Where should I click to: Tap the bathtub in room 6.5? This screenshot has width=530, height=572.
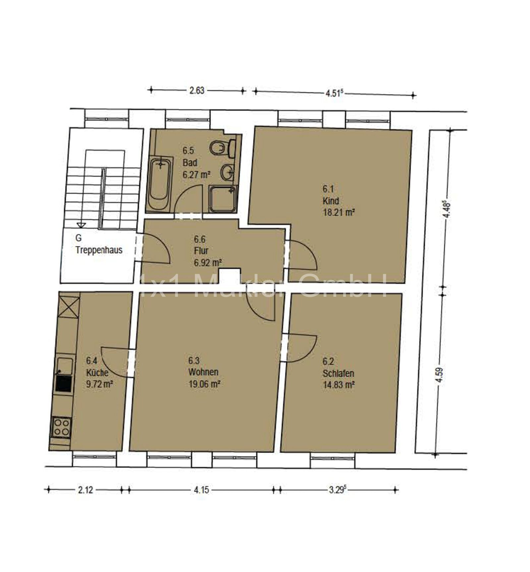point(160,184)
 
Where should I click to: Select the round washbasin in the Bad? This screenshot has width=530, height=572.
point(228,172)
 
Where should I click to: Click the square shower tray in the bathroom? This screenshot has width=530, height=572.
point(223,199)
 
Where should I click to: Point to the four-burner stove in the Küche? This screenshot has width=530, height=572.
point(61,427)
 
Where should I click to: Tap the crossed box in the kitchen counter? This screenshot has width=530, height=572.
point(69,307)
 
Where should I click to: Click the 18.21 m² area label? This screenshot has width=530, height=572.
point(339,213)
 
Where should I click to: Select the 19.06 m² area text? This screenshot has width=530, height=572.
point(204,384)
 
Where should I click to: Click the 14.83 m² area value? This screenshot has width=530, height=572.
point(339,385)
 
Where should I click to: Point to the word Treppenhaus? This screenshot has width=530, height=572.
point(99,250)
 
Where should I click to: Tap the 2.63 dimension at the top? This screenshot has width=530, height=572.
point(197,90)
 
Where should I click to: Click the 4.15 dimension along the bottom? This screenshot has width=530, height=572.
point(201,490)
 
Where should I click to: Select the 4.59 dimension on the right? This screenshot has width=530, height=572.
point(440,375)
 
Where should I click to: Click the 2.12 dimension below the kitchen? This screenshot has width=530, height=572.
point(85,490)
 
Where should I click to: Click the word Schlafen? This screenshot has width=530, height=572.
point(339,373)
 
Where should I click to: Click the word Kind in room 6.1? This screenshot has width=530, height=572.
point(331,201)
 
